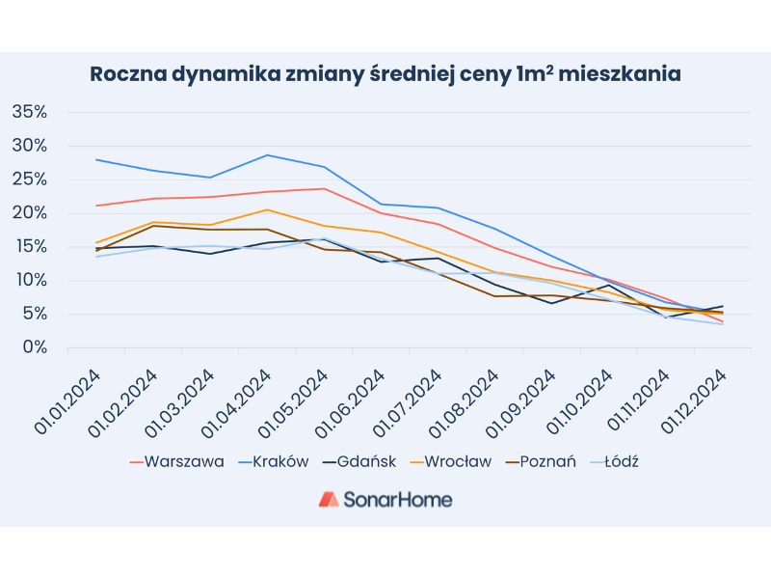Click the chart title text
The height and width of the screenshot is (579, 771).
coord(385,74)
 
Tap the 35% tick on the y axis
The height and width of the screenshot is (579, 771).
coord(29,112)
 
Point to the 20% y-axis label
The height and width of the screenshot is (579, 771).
coord(29,213)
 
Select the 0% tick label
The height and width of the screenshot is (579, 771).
coord(34,347)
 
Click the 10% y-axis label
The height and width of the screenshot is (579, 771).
coord(29,281)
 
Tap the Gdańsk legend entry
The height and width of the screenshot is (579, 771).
coord(362,461)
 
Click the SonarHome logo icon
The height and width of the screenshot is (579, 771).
coord(329,499)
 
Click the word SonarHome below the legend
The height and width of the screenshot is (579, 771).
coord(399,499)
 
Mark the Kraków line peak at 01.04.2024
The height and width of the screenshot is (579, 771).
coord(267,154)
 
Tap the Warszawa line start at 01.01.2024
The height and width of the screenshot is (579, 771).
coord(96,206)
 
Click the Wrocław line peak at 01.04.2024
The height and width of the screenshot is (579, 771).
coord(267,209)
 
